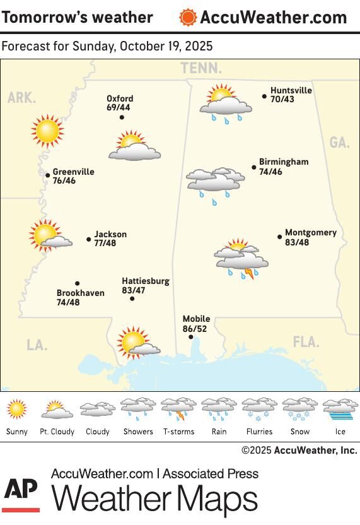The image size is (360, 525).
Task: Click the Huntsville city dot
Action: pos(264,97)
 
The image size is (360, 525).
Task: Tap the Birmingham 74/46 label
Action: pos(284,167)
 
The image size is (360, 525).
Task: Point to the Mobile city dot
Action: pos(191,337)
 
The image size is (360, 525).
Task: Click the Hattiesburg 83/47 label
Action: pos(146,286)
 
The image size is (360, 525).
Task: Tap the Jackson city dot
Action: pos(89,239)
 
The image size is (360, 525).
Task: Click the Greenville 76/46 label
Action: pos(73,176)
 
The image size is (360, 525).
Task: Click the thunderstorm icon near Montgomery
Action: pos(241,259)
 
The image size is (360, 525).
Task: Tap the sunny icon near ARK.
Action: pos(47,131)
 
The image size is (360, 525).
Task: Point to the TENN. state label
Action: pos(201,68)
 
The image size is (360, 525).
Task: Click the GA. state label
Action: pos(339,143)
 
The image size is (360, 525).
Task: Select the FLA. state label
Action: pos(306,342)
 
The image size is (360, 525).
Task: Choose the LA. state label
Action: pos(37,345)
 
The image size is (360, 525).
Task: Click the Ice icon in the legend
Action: pos(340,409)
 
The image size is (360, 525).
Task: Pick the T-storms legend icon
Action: pos(178,409)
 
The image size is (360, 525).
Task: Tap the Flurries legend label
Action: pos(259,432)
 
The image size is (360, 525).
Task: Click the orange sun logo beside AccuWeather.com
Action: pos(187,17)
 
